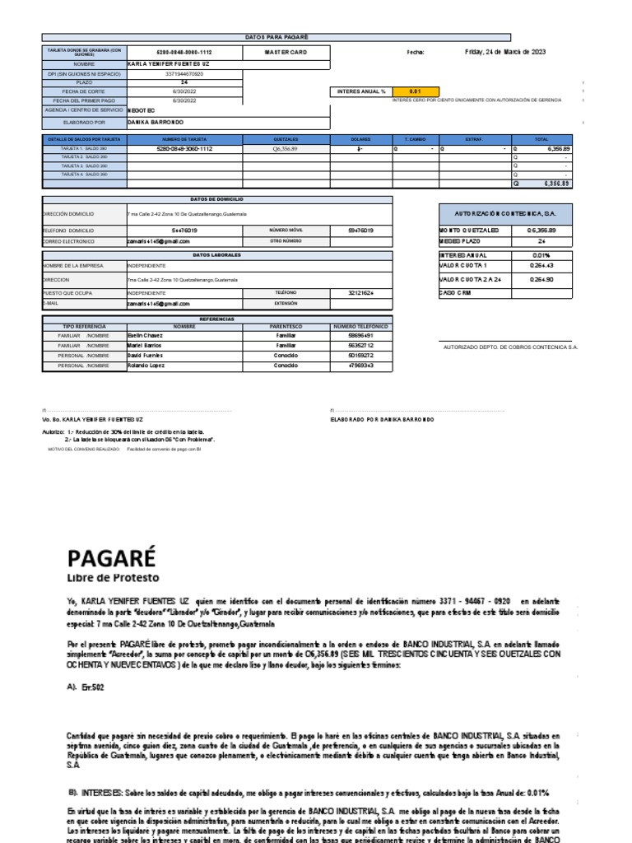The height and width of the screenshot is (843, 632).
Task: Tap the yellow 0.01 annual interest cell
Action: tap(416, 91)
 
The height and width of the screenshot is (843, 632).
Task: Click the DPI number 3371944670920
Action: tap(184, 73)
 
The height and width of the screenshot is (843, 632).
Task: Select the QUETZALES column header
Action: tap(285, 140)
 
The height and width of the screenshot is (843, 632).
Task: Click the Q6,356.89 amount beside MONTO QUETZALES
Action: tap(541, 230)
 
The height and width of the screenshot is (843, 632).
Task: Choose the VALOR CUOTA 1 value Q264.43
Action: tap(541, 266)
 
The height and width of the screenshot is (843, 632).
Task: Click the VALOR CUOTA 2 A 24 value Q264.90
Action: tap(541, 280)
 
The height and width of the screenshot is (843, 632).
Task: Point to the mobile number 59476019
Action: tap(360, 231)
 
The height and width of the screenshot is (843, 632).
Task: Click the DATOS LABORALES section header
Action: tap(217, 255)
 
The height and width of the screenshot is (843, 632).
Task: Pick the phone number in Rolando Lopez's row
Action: tap(360, 365)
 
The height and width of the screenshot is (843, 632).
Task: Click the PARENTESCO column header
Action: tap(286, 327)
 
